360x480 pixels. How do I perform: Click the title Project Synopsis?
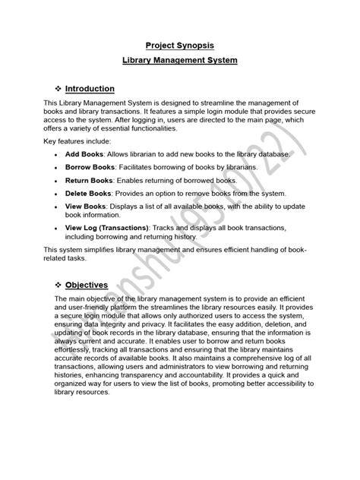coord(179,44)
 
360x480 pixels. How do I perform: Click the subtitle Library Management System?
coord(179,59)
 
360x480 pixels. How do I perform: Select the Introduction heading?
coord(89,88)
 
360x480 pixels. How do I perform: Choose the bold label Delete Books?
coord(90,194)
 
